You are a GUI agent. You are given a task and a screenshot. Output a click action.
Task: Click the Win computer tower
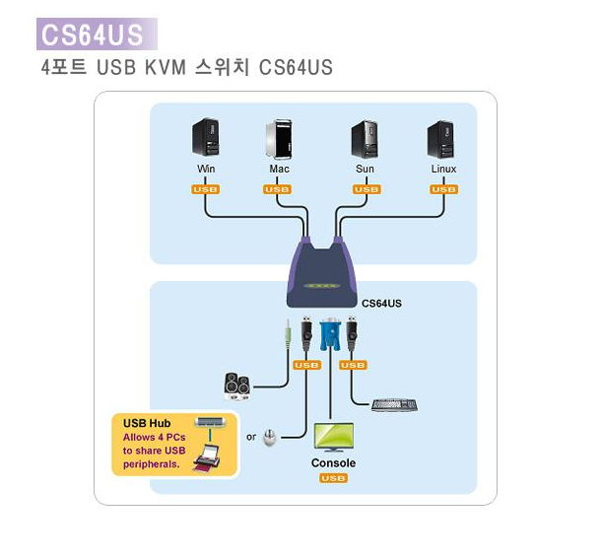tap(205, 139)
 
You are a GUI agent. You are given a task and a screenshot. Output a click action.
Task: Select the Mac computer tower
tap(279, 139)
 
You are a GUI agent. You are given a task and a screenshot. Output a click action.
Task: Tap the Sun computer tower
tap(365, 139)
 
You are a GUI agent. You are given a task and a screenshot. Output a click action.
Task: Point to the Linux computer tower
tap(440, 139)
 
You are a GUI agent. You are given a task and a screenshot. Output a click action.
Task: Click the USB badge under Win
tap(206, 189)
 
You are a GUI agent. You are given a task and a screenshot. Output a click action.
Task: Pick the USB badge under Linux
tap(444, 189)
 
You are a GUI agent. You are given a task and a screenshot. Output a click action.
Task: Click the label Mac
tap(279, 170)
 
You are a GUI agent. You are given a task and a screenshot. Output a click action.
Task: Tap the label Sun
tap(365, 170)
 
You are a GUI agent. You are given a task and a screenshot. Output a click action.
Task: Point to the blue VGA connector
tap(330, 335)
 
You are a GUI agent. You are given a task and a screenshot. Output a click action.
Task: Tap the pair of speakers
tap(237, 384)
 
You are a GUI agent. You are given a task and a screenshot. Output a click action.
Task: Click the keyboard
tap(394, 404)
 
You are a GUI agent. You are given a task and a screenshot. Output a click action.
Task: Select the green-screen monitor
tap(333, 437)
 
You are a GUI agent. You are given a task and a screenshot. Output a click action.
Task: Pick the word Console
tap(333, 463)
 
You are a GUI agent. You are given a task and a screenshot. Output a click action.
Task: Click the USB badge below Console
tap(333, 479)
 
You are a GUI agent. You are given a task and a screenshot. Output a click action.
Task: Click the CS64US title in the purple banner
tap(92, 35)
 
